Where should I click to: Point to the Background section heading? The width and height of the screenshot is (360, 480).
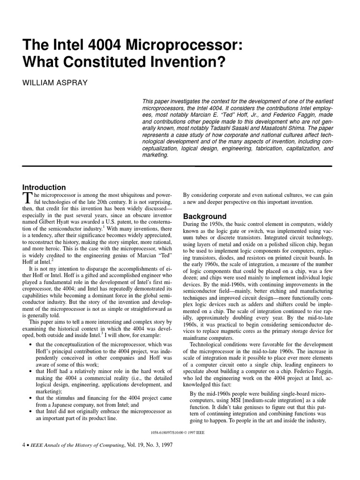click(205, 217)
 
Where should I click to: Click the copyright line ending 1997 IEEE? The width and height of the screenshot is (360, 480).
click(176, 431)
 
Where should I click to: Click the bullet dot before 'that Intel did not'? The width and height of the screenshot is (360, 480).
click(30, 411)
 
